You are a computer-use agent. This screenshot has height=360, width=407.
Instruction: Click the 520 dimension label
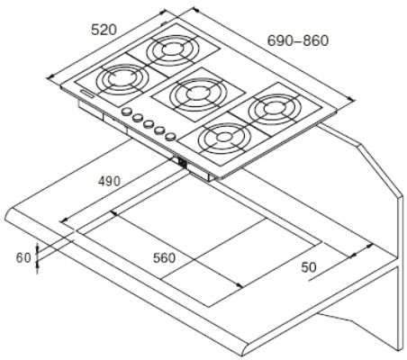104,30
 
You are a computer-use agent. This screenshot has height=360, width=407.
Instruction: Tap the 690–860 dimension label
298,40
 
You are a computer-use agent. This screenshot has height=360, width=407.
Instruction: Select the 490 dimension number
110,181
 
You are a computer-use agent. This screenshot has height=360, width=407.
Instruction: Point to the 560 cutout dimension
164,258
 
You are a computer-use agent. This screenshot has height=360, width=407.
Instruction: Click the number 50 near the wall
309,267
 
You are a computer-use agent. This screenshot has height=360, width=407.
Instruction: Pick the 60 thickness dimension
23,257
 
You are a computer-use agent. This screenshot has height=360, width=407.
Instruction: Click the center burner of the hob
195,94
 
